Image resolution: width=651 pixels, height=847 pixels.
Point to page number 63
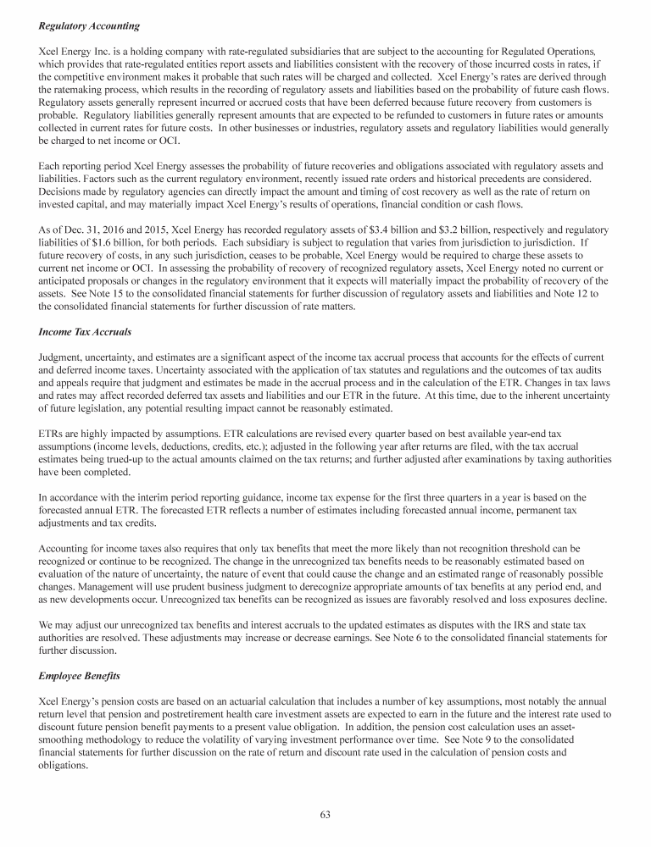click(x=325, y=814)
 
